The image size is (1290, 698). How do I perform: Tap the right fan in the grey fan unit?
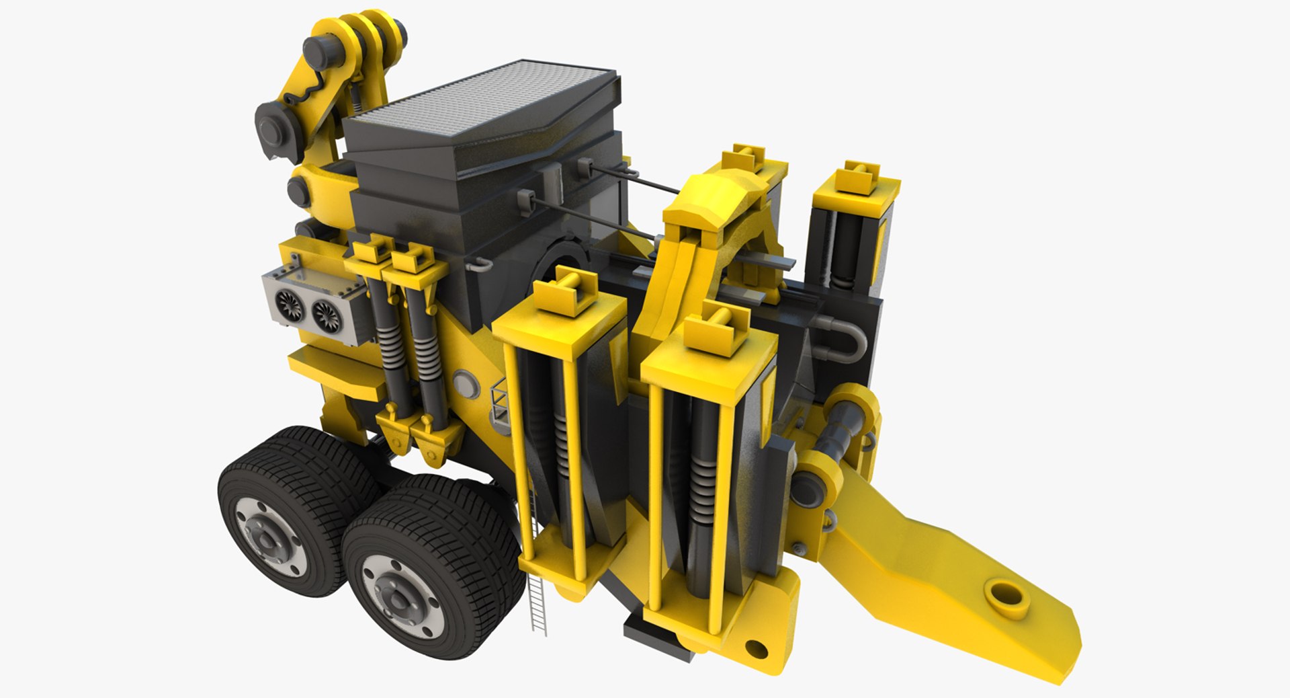pyautogui.click(x=327, y=313)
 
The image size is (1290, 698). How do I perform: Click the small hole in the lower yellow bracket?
pyautogui.click(x=757, y=649)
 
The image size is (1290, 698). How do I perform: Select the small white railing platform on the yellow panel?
pyautogui.click(x=501, y=403)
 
